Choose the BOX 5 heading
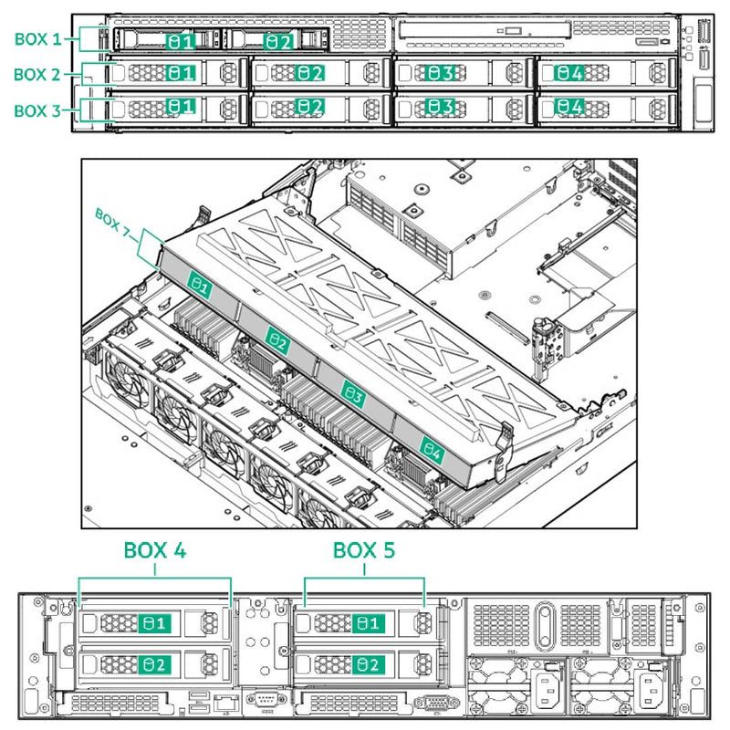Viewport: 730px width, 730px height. (x=365, y=551)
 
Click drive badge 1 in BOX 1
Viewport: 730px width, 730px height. (x=180, y=42)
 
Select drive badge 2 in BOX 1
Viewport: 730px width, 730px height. (x=278, y=42)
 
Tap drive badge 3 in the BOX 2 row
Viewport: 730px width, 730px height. (x=441, y=72)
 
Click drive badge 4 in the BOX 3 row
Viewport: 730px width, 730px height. (x=570, y=108)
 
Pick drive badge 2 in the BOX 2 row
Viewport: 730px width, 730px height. (x=310, y=72)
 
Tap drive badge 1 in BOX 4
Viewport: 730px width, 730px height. (x=153, y=624)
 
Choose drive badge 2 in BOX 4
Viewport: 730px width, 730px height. (x=153, y=663)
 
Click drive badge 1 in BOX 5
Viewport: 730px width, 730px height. (x=368, y=624)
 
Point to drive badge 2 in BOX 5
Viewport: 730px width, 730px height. (x=368, y=663)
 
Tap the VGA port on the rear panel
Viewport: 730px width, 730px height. (x=431, y=704)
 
